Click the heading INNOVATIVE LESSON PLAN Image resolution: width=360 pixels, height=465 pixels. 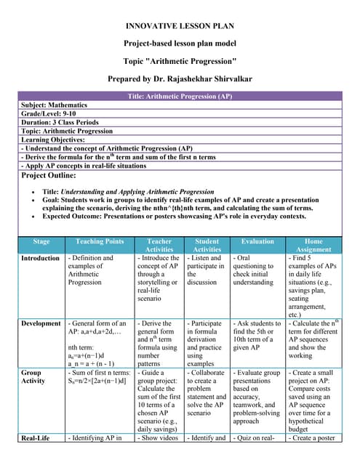pyautogui.click(x=179, y=25)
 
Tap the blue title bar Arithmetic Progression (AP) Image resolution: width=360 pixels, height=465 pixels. pyautogui.click(x=179, y=96)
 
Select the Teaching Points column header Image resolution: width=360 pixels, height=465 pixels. pyautogui.click(x=100, y=241)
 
